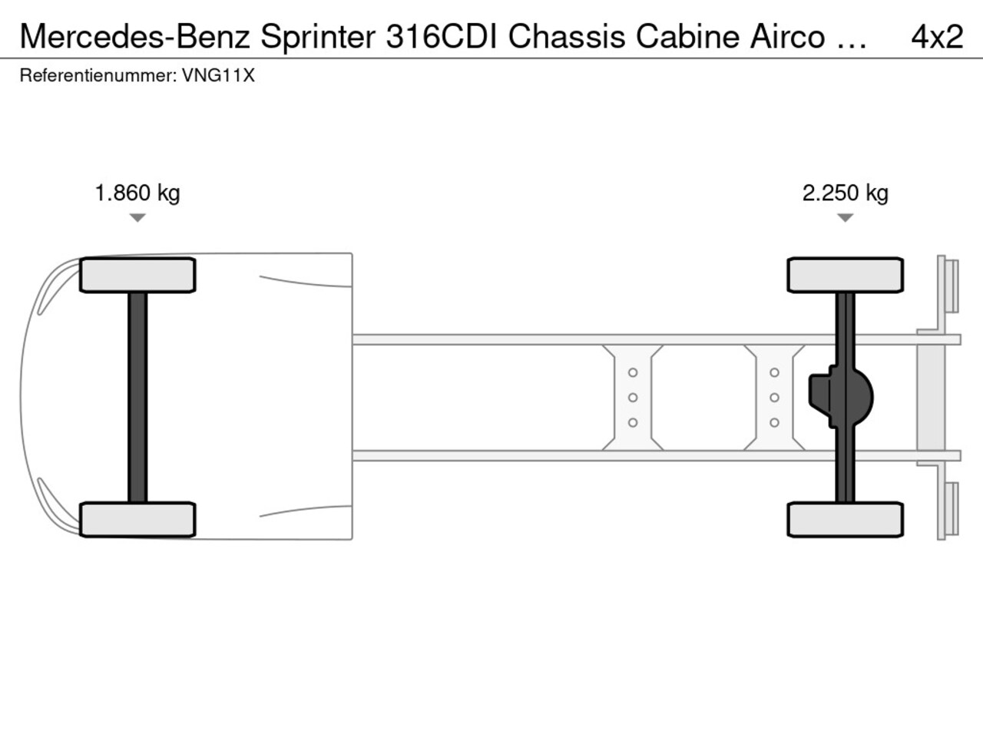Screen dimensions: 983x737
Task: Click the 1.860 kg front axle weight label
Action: (x=137, y=193)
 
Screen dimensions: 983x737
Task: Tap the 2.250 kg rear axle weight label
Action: (x=845, y=193)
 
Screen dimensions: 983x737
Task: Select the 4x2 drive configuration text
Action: (x=937, y=37)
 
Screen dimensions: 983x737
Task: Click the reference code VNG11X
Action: (x=218, y=76)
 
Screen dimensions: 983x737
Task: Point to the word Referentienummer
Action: (x=98, y=76)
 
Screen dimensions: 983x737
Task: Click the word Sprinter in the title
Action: (x=318, y=37)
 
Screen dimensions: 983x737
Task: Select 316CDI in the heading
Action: (x=442, y=37)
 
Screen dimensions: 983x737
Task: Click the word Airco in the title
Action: (x=787, y=37)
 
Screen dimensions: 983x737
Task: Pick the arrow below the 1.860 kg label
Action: (x=137, y=217)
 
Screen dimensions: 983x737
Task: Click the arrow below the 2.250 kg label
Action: (x=845, y=217)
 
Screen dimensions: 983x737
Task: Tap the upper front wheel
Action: (x=137, y=275)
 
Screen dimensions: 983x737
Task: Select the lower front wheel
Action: (x=137, y=520)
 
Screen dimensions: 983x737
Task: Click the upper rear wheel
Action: (x=845, y=275)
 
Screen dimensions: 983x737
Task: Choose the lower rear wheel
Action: (x=845, y=520)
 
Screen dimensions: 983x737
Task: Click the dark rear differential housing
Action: (x=841, y=398)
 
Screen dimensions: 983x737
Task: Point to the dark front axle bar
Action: (x=137, y=398)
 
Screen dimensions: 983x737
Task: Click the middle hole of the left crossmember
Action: (x=633, y=398)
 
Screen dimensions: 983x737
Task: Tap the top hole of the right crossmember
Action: (x=774, y=372)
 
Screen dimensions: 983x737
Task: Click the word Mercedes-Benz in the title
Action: (x=135, y=37)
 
